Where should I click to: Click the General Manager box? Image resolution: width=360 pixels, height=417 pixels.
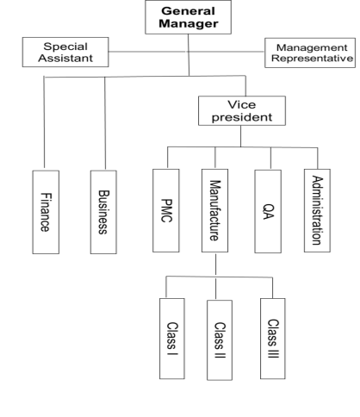point(188,17)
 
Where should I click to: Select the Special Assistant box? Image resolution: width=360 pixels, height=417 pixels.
point(65,52)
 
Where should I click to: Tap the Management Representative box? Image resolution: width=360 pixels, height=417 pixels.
point(310,53)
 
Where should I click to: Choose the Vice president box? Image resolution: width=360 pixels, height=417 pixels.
point(242,110)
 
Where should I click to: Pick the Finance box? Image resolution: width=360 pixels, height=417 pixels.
point(46,212)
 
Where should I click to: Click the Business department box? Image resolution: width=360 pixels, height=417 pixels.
point(103,212)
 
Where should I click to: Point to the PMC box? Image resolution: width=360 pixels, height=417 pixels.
point(166,210)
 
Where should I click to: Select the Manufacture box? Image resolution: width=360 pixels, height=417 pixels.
point(214,210)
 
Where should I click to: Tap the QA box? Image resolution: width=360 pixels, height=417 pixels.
point(268,211)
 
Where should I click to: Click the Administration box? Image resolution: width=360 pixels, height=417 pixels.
point(317,210)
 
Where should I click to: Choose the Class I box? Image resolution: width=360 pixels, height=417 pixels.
point(172,339)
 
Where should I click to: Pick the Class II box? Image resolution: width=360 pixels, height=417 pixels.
point(220,340)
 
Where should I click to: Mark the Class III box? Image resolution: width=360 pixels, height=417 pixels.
point(273,339)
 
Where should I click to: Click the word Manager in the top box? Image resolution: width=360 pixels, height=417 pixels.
point(189,23)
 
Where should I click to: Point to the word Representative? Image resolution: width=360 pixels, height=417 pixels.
point(312,59)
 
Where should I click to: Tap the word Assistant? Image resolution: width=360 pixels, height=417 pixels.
point(65,58)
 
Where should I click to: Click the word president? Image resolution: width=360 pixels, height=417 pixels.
point(242,117)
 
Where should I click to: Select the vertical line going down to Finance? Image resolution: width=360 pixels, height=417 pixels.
point(44,122)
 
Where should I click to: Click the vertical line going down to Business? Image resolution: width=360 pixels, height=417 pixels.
point(105,123)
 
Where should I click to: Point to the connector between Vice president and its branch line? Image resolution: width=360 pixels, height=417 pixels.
point(240,136)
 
